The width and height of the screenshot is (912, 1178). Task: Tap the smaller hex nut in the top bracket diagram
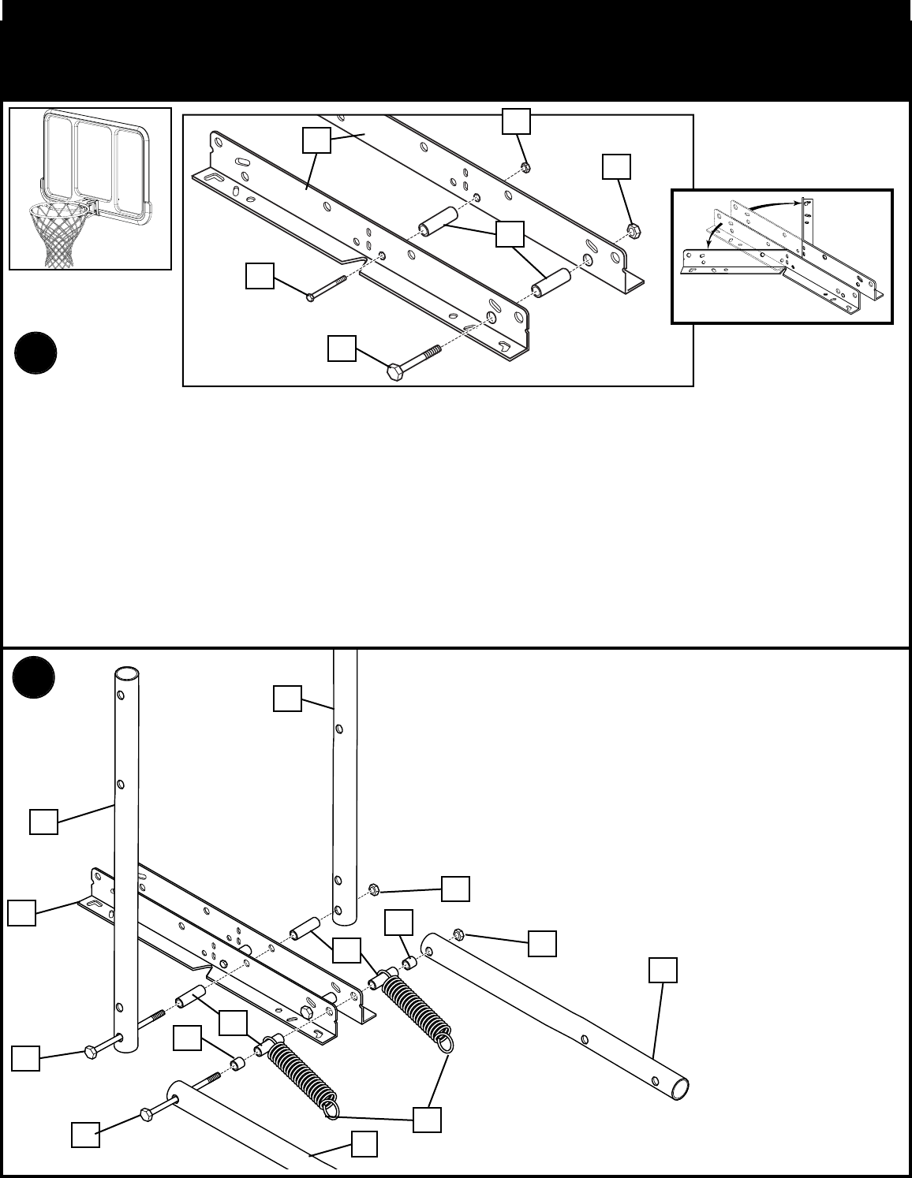(x=526, y=168)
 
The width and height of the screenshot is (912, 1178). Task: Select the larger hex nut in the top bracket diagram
(x=633, y=230)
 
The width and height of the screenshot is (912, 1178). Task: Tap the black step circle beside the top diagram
(x=36, y=354)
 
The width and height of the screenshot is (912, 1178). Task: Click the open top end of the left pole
(x=128, y=676)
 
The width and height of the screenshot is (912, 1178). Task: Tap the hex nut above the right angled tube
(x=458, y=935)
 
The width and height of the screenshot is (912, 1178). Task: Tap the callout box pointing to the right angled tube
(x=663, y=971)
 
